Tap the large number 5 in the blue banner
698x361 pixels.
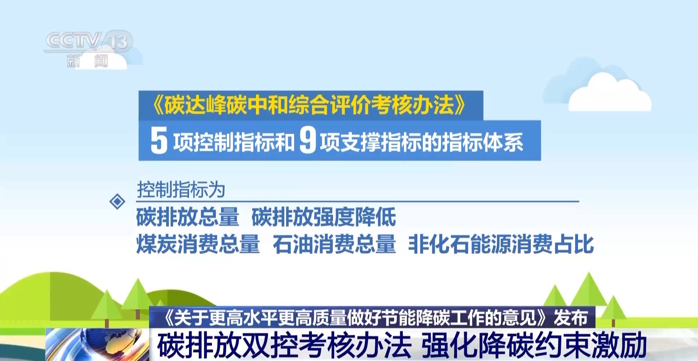coord(159,140)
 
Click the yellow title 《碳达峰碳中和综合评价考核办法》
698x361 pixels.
coord(309,105)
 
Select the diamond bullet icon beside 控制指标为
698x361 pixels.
coord(117,201)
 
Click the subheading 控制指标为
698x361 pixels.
coord(181,190)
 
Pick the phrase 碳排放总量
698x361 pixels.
coord(188,217)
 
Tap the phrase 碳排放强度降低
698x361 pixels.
coord(324,217)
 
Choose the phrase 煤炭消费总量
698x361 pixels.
coord(198,244)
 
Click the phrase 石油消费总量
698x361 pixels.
coord(334,244)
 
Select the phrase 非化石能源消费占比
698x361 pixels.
coord(501,244)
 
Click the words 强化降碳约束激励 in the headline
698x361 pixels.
coord(534,345)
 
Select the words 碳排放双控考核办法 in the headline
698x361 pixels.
coord(284,345)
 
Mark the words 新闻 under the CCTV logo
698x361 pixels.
coord(88,61)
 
